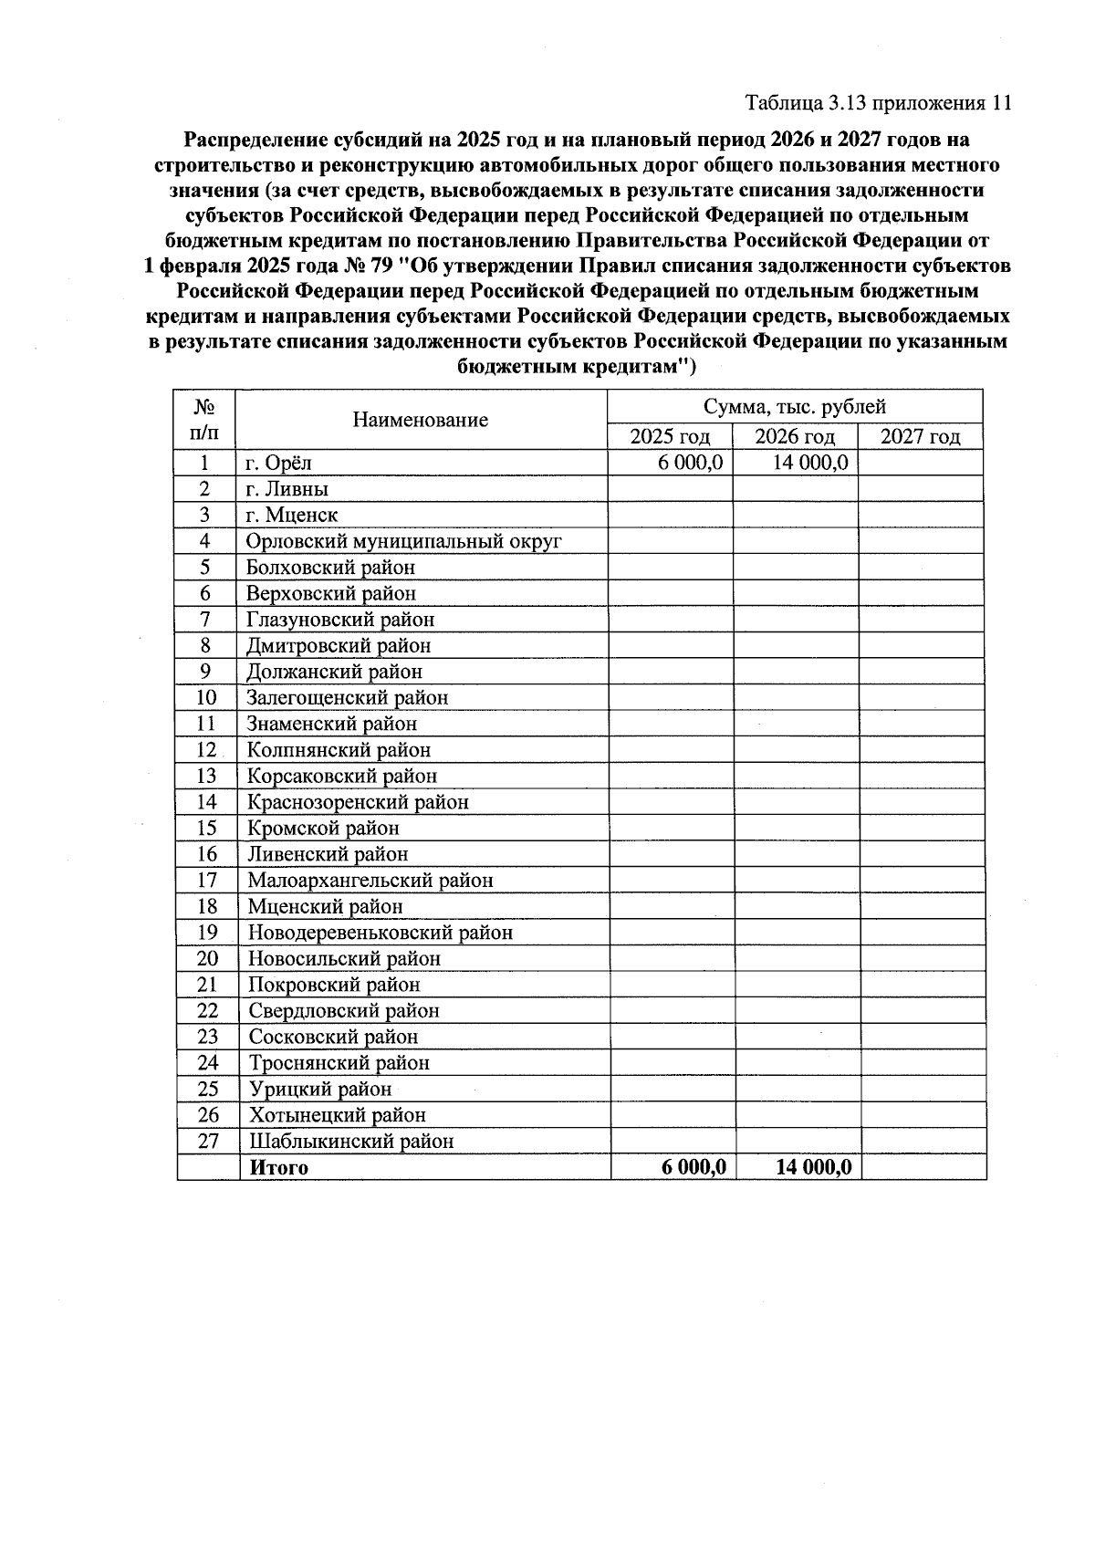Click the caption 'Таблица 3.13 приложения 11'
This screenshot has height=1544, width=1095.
[x=878, y=102]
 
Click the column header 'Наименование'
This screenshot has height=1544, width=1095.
[x=421, y=420]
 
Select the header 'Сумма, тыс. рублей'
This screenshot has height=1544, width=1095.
[x=794, y=407]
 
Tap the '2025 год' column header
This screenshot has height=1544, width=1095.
[x=670, y=436]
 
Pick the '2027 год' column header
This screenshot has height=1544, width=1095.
[x=920, y=436]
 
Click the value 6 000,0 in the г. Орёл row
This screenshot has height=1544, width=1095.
[x=690, y=463]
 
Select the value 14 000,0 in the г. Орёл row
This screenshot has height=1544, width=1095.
[x=810, y=463]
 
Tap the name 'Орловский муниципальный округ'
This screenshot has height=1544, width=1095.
[x=403, y=541]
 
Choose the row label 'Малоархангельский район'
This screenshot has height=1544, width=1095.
[x=370, y=881]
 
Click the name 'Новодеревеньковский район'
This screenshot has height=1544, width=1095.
[x=381, y=933]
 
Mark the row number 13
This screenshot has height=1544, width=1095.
[x=206, y=777]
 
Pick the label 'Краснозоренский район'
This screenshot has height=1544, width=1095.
[x=359, y=802]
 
